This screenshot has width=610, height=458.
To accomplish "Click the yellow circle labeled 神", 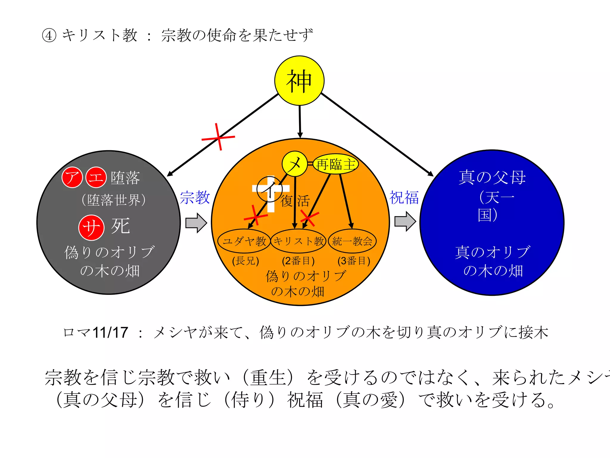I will [299, 81].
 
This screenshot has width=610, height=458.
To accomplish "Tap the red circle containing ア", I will [72, 177].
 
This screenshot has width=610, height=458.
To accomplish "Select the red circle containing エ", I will [96, 177].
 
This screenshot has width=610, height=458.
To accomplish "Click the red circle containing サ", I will [91, 228].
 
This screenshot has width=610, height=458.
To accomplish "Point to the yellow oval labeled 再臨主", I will [336, 164].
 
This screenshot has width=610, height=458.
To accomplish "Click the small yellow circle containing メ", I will [295, 164].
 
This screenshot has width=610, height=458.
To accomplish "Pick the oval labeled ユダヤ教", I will [244, 241].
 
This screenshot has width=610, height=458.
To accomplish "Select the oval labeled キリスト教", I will [298, 241].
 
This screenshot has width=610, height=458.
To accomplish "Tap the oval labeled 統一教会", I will [352, 241].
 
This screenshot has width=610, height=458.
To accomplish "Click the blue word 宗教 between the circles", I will [195, 197].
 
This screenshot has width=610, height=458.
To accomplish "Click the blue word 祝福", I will [404, 197].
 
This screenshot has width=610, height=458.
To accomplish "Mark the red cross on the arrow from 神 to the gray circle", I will [218, 137].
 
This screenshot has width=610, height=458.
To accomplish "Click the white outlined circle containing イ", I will [269, 189].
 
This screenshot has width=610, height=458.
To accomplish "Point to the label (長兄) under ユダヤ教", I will [245, 261].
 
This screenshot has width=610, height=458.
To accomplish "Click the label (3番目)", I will [354, 261].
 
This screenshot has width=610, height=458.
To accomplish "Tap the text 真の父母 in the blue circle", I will [492, 177].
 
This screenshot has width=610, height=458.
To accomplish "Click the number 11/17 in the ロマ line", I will [111, 332].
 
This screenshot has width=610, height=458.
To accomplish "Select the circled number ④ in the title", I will [49, 35].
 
